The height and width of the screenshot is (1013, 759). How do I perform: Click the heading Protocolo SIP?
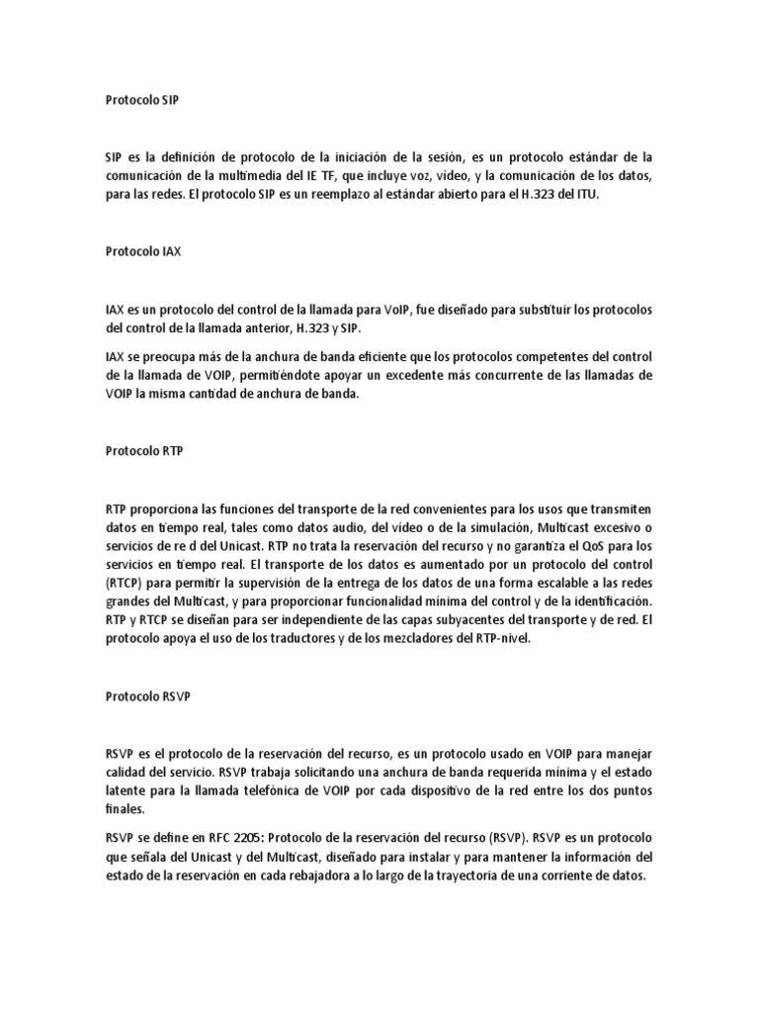142,100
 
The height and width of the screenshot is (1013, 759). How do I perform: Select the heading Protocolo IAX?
142,251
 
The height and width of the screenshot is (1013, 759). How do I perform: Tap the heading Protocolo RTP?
143,450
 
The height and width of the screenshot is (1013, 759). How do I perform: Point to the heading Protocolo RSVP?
147,696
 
